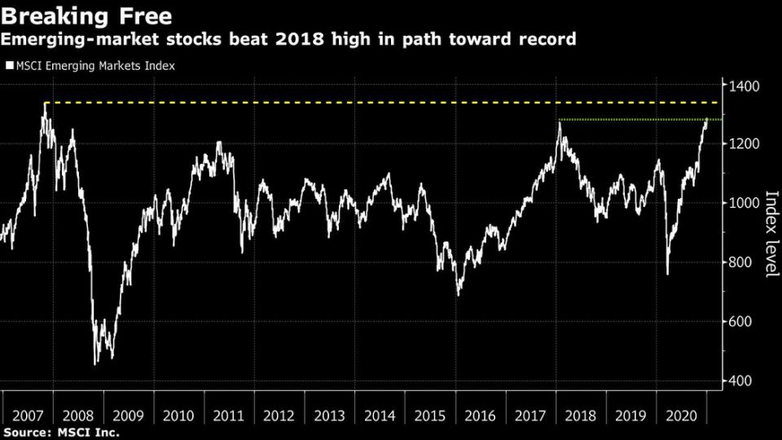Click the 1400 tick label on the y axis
click(x=745, y=86)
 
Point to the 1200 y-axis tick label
click(x=745, y=144)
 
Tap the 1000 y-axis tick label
click(x=745, y=204)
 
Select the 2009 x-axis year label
click(x=129, y=416)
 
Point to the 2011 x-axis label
click(x=229, y=416)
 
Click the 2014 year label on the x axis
click(x=380, y=416)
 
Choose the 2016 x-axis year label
click(x=481, y=416)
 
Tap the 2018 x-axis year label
click(x=581, y=416)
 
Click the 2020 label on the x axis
click(x=681, y=416)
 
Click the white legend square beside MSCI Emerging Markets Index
click(x=9, y=65)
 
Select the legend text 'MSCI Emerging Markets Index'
click(x=94, y=65)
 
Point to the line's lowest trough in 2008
click(x=96, y=363)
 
